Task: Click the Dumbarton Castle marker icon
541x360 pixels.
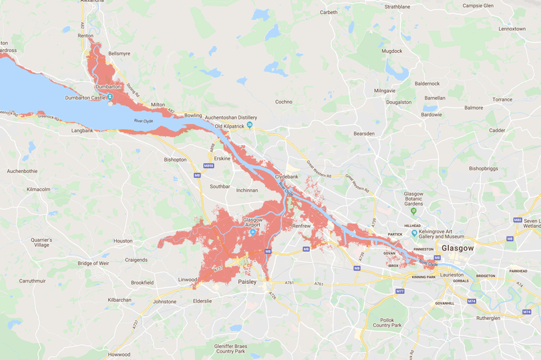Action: (110, 97)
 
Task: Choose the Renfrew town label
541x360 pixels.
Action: (303, 226)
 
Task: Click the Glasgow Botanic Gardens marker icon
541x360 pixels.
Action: (413, 211)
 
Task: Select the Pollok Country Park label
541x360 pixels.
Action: (387, 321)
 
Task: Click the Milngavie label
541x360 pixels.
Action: (385, 90)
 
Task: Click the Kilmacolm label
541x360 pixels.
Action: (38, 189)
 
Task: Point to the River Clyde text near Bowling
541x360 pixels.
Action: (144, 121)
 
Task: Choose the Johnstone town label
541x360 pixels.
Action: (165, 301)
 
